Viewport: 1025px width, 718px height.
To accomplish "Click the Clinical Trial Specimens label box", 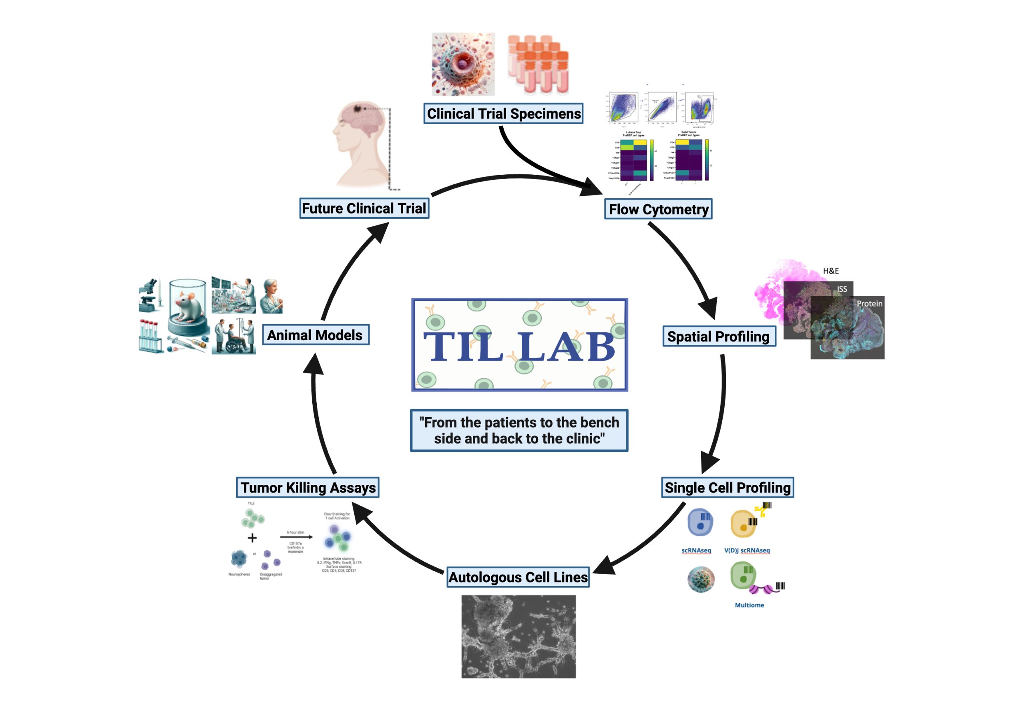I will pos(503,113).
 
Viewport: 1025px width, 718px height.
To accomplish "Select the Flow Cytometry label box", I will pos(658,209).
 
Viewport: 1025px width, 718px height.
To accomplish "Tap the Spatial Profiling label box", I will pos(719,337).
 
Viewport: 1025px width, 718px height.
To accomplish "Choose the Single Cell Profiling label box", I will pos(727,488).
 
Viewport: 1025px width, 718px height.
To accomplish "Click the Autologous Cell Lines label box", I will pos(518,577).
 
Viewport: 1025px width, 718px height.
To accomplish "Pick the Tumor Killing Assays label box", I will pos(307,488).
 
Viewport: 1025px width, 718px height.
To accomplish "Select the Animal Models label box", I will pos(315,335).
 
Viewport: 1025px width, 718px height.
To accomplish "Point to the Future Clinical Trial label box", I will pos(364,208).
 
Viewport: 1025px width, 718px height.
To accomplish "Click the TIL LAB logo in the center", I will pos(519,345).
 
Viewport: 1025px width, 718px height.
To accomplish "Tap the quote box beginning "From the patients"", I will pos(519,430).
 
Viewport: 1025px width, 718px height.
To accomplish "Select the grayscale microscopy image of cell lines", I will pos(518,636).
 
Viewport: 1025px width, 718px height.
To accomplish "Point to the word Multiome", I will pos(749,605).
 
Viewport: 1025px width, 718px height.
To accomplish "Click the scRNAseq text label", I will pos(696,550).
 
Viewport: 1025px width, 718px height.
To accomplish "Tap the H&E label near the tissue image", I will pos(830,271).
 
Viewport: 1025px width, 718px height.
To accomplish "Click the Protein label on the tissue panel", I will pos(869,303).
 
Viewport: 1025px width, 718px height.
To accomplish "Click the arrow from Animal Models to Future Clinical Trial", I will pos(348,268).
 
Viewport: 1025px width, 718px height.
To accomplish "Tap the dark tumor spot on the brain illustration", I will pos(358,109).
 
